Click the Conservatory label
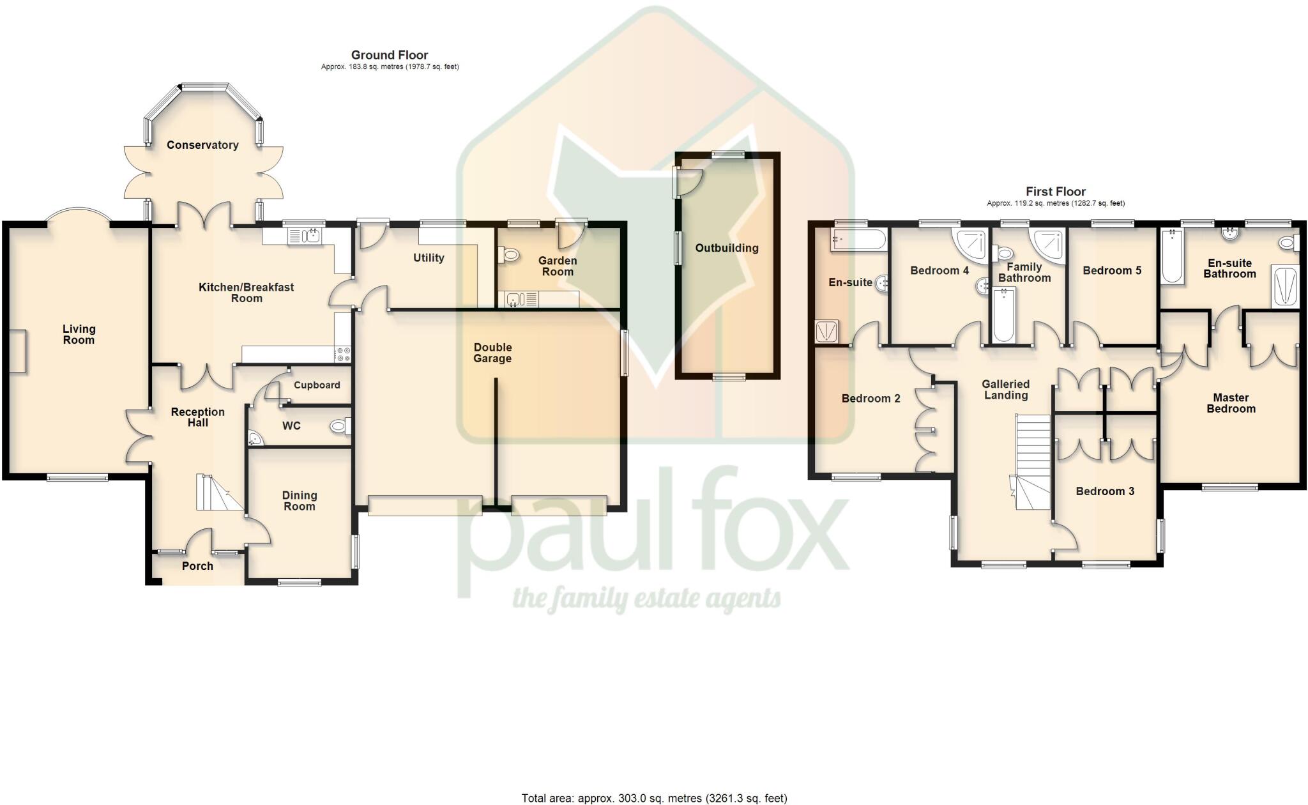[202, 145]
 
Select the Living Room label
[79, 334]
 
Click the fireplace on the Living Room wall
[19, 351]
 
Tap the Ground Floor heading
[389, 55]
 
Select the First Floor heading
[1055, 191]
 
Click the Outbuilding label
[727, 248]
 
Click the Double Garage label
[492, 353]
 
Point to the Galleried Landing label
[1005, 390]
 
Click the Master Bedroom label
[1230, 403]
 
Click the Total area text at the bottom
[654, 798]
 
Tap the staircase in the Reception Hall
[217, 493]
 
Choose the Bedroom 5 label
[1112, 270]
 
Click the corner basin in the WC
[255, 438]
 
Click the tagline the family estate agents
[646, 599]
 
